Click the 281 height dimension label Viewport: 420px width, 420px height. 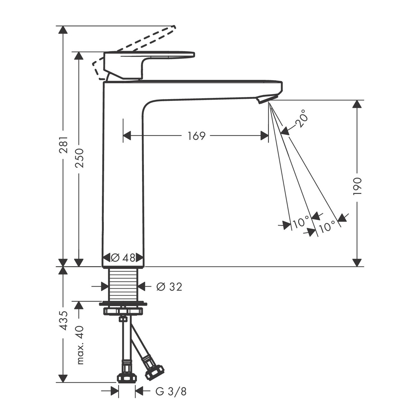pyautogui.click(x=64, y=145)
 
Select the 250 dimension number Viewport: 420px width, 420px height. pyautogui.click(x=80, y=158)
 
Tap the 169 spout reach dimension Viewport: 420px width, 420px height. pyautogui.click(x=197, y=136)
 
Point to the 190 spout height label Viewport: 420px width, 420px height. pyautogui.click(x=358, y=186)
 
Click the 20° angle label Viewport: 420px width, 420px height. pyautogui.click(x=300, y=119)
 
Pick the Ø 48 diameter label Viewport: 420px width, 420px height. pyautogui.click(x=123, y=257)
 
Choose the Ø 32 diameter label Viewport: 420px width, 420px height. pyautogui.click(x=169, y=286)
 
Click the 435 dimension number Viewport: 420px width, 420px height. pyautogui.click(x=64, y=320)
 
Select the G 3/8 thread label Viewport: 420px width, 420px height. pyautogui.click(x=171, y=391)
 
